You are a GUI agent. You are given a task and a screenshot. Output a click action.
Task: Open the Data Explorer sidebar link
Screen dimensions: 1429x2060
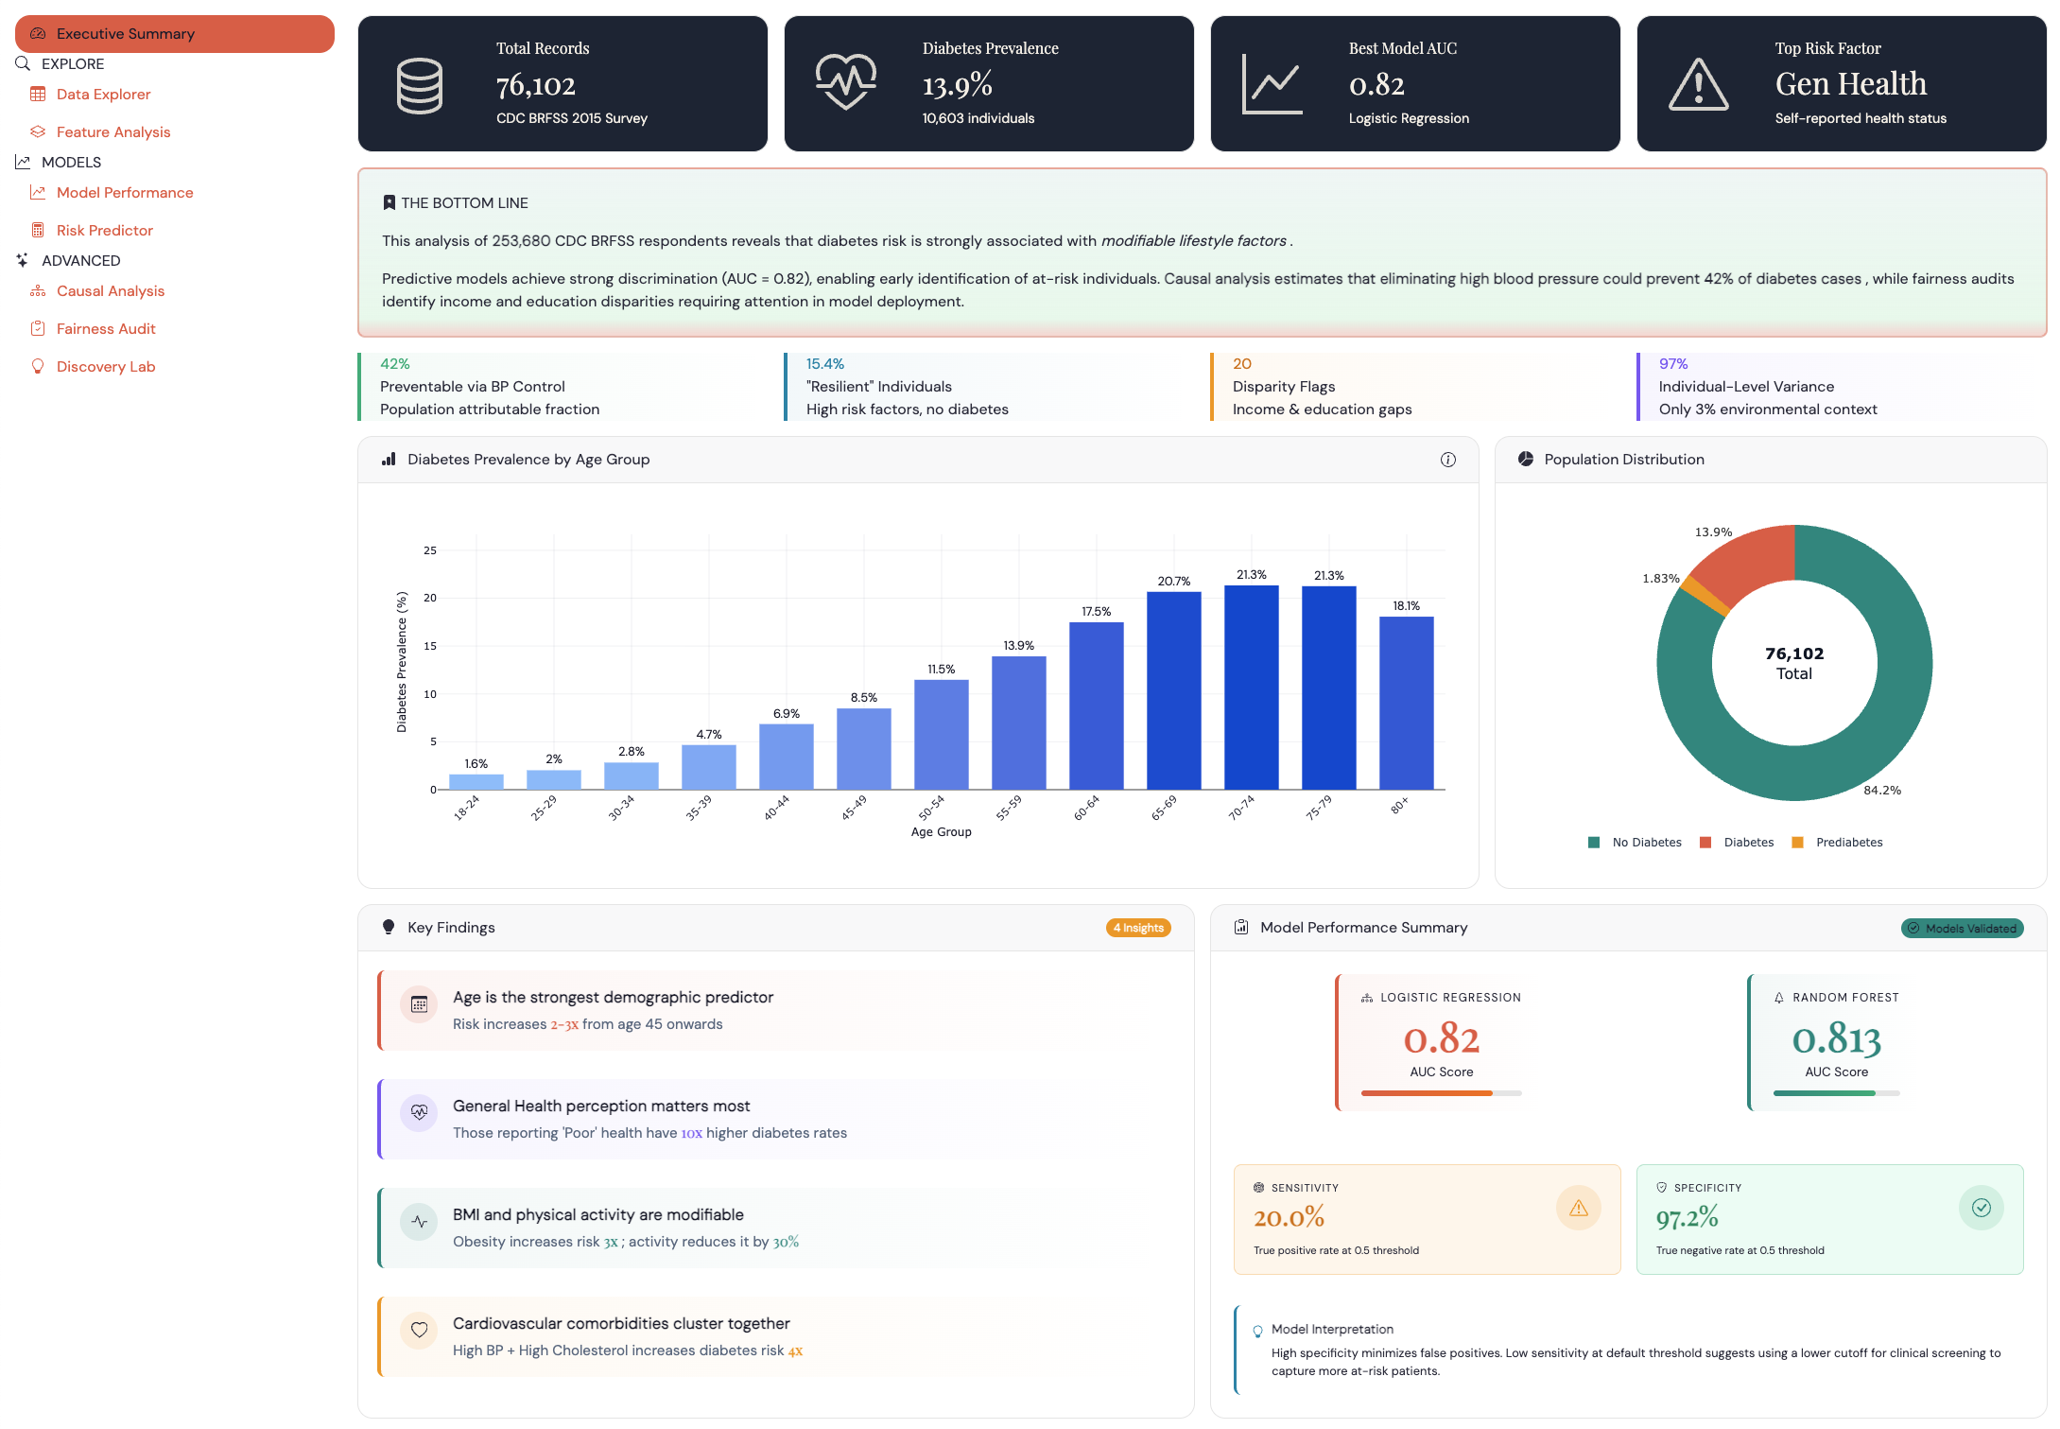tap(103, 94)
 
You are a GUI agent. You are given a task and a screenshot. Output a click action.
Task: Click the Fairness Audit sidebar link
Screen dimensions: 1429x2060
tap(105, 328)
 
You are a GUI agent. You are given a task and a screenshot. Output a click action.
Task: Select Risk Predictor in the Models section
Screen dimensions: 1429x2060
tap(104, 230)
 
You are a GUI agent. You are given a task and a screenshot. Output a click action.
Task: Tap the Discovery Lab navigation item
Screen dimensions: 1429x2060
tap(105, 366)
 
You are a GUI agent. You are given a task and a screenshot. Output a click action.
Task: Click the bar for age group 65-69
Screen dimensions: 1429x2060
tap(1173, 690)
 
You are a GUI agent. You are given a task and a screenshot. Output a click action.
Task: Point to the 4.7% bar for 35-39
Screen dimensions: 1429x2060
tap(708, 767)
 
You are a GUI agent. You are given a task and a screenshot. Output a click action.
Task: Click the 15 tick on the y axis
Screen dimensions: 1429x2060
tap(430, 646)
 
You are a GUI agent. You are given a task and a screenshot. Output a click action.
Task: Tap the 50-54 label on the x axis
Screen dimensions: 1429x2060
tap(931, 808)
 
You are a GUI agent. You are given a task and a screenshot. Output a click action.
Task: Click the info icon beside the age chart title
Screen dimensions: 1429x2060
tap(1447, 460)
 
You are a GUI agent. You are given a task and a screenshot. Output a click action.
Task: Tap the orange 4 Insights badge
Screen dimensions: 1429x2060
tap(1138, 928)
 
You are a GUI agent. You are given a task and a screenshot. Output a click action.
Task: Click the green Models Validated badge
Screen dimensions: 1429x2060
tap(1962, 928)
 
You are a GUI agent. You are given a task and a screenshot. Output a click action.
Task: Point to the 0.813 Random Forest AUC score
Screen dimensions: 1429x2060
tap(1836, 1039)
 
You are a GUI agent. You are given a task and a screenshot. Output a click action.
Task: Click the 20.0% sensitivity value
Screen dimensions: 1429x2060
tap(1289, 1217)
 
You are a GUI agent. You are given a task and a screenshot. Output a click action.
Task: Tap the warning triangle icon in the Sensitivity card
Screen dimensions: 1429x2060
tap(1578, 1208)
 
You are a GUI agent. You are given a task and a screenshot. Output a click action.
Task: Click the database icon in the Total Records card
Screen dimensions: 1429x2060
tap(419, 85)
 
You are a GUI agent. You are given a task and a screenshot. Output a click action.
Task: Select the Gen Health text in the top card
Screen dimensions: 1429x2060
tap(1850, 84)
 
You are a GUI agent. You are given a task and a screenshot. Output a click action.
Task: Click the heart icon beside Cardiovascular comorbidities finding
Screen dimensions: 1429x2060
tap(419, 1330)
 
